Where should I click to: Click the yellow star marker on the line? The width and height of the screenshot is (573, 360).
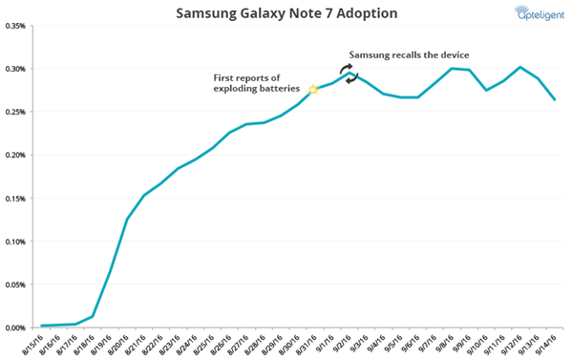(312, 90)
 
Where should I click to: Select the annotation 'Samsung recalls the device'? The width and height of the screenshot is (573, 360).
(409, 55)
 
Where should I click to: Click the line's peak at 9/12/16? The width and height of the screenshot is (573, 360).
(520, 67)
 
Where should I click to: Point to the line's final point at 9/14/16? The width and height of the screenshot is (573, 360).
(555, 99)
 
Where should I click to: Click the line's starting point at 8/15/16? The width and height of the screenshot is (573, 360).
(43, 326)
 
